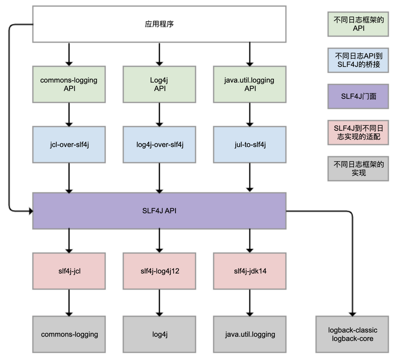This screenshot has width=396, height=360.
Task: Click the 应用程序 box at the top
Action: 159,24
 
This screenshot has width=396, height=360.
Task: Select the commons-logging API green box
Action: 69,84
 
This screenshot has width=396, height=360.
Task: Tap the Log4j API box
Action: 159,84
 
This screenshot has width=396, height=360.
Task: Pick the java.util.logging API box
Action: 250,84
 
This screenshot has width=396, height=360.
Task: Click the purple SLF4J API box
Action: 159,210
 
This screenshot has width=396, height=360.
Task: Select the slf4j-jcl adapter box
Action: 69,270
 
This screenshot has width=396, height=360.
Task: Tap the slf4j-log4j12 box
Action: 159,270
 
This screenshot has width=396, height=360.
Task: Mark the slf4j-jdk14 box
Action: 250,270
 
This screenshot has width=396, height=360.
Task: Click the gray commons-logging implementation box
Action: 69,334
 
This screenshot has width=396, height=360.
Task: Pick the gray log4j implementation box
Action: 159,334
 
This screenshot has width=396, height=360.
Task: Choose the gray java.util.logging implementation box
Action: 250,334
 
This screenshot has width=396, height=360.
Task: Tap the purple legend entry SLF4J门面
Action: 358,96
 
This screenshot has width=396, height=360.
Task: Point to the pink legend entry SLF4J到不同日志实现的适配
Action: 358,132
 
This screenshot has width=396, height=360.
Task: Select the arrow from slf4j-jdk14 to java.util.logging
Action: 250,301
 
